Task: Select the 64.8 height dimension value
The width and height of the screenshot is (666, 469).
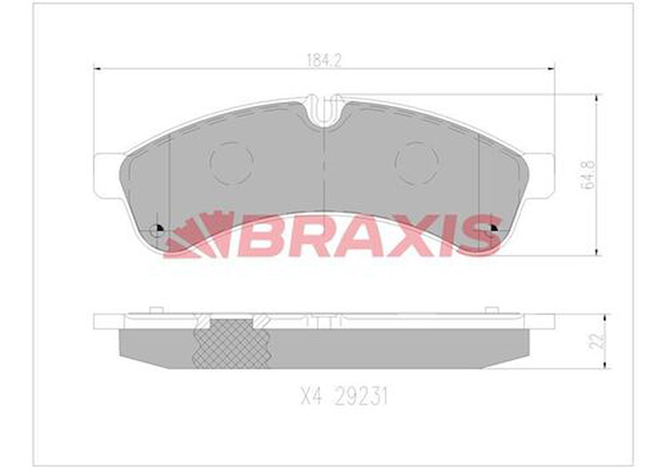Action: (589, 174)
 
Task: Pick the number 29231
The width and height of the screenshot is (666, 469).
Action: (361, 398)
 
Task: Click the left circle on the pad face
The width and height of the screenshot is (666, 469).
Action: (231, 163)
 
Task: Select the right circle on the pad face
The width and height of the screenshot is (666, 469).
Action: (417, 163)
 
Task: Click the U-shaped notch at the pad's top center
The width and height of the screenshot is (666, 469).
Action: (324, 112)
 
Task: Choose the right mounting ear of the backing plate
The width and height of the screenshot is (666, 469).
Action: (541, 175)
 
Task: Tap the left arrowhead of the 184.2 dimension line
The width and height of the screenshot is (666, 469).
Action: (97, 69)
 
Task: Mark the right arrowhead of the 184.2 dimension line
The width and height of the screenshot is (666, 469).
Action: (550, 69)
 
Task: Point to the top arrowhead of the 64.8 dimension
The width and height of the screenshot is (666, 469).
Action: (597, 99)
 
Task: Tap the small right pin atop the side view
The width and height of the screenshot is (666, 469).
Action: (492, 309)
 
